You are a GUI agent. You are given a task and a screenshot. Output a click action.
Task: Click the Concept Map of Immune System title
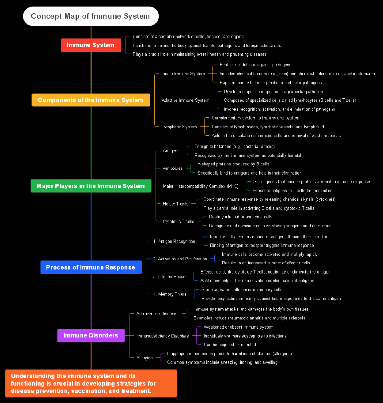[x=91, y=16]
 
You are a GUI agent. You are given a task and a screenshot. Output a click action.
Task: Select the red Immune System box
[x=91, y=45]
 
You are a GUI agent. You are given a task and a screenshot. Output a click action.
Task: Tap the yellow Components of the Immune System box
[x=91, y=100]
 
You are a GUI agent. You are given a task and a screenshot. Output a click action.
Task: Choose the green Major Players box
[x=91, y=186]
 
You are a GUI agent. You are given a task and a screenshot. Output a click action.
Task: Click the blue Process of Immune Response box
[x=91, y=267]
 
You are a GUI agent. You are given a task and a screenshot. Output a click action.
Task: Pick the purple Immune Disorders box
[x=91, y=335]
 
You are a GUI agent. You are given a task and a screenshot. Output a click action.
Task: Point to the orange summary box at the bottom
[x=91, y=384]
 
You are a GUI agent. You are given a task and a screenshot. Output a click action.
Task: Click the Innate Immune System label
[x=183, y=74]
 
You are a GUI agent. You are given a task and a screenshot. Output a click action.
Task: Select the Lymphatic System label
[x=179, y=127]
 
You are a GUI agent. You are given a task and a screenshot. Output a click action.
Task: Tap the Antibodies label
[x=173, y=168]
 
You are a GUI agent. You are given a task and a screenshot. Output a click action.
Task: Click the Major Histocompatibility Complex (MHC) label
[x=201, y=186]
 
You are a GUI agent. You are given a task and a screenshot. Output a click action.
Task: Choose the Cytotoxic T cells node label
[x=178, y=222]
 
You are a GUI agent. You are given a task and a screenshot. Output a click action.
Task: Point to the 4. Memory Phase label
[x=170, y=294]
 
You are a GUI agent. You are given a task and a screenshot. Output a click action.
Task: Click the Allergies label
[x=145, y=358]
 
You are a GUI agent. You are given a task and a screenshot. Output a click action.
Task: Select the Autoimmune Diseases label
[x=157, y=314]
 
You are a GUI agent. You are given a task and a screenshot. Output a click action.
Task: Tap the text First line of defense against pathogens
[x=256, y=65]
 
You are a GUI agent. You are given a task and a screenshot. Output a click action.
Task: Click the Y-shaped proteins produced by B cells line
[x=233, y=164]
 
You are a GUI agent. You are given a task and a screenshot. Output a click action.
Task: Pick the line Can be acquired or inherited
[x=230, y=345]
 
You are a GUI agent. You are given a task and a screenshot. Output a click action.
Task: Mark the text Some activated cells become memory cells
[x=242, y=290]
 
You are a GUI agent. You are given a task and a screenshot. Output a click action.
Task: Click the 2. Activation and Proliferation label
[x=180, y=259]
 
